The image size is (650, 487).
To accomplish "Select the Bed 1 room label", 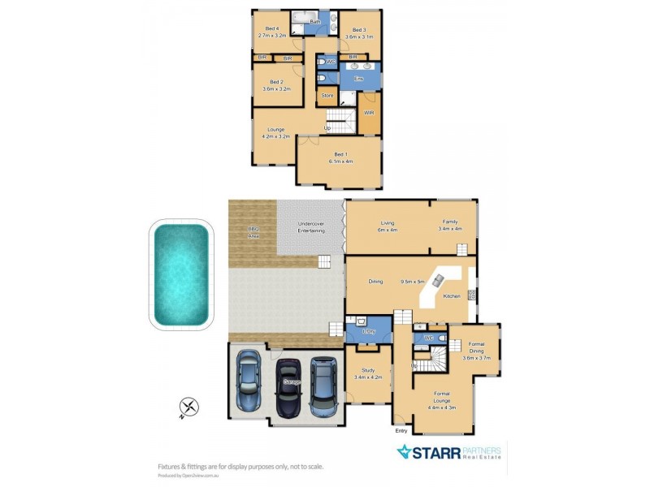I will pos(340,157).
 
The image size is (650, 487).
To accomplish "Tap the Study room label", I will pos(368,374).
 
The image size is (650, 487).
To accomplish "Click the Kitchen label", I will pos(452,295).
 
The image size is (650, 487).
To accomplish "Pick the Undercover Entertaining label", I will pos(311,228).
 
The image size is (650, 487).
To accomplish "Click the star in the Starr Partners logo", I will pos(404,452).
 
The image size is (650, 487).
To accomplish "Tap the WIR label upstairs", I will pos(368,113).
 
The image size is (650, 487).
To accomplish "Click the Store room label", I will pos(327,96).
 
